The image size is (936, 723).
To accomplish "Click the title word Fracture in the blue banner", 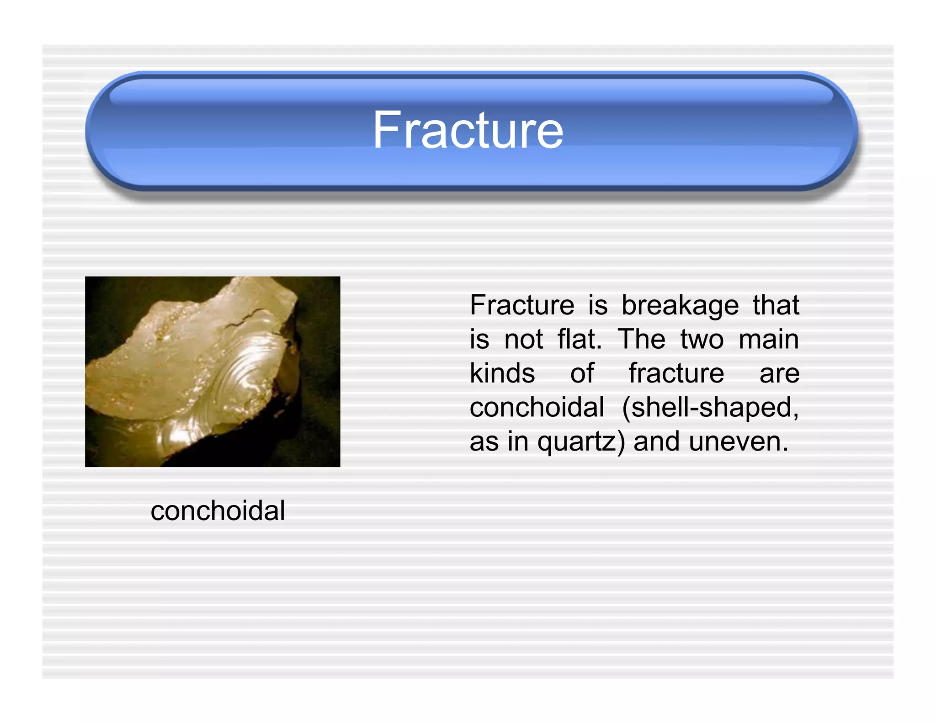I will [468, 131].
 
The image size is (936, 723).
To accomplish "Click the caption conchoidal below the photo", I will [218, 510].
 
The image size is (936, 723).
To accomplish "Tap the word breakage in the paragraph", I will [680, 305].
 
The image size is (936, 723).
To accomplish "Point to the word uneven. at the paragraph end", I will [739, 442].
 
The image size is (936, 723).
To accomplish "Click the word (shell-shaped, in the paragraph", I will [710, 407].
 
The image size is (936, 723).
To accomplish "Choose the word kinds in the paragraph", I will [502, 373].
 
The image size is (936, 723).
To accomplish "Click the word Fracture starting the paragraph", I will [521, 305].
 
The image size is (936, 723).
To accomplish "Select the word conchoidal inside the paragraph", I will [537, 407].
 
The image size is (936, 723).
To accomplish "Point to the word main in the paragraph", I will [769, 340].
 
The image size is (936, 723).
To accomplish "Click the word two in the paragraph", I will [702, 340].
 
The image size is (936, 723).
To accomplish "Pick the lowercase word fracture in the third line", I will [676, 373].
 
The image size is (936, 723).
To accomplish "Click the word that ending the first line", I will [776, 305].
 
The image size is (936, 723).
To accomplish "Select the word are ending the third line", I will [779, 373].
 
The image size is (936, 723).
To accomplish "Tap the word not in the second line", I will [523, 340].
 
